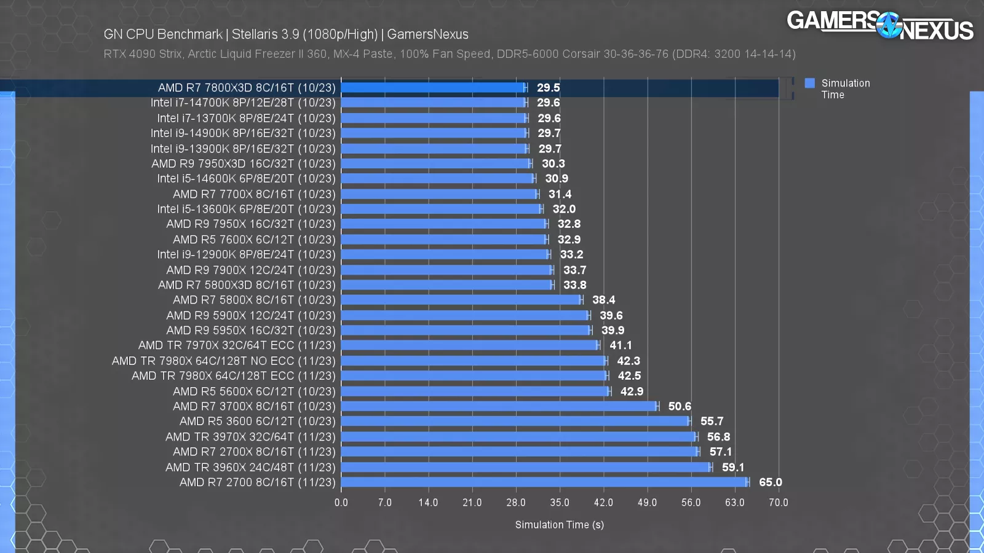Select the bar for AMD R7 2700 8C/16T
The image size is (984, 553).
coord(544,482)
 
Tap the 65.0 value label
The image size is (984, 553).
coord(771,482)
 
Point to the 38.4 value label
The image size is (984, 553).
coord(603,300)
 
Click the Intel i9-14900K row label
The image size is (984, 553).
coord(243,133)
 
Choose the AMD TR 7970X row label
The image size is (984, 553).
coord(237,345)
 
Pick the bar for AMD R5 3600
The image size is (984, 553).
coord(515,422)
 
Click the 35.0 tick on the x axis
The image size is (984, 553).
coord(560,503)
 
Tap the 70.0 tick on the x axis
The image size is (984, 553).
coord(778,503)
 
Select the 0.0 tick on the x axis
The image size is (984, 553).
coord(341,503)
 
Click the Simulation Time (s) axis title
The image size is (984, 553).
coord(560,525)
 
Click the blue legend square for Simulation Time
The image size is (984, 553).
coord(810,83)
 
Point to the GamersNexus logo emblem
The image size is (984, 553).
coord(889,26)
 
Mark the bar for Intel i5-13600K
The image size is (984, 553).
coord(442,209)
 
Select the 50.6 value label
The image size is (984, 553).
coord(680,406)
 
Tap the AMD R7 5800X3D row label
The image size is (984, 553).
coord(247,285)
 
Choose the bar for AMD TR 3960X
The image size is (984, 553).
coord(526,467)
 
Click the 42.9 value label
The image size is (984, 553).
coord(632,391)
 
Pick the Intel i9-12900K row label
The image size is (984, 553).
coord(246,254)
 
